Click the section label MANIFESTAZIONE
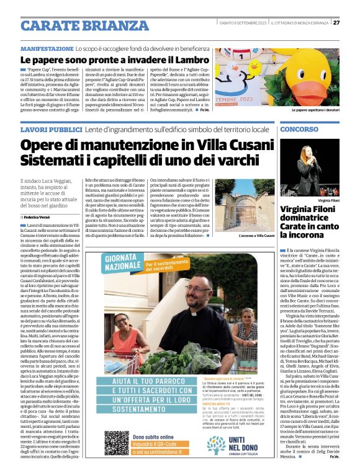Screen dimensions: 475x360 [51, 48]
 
